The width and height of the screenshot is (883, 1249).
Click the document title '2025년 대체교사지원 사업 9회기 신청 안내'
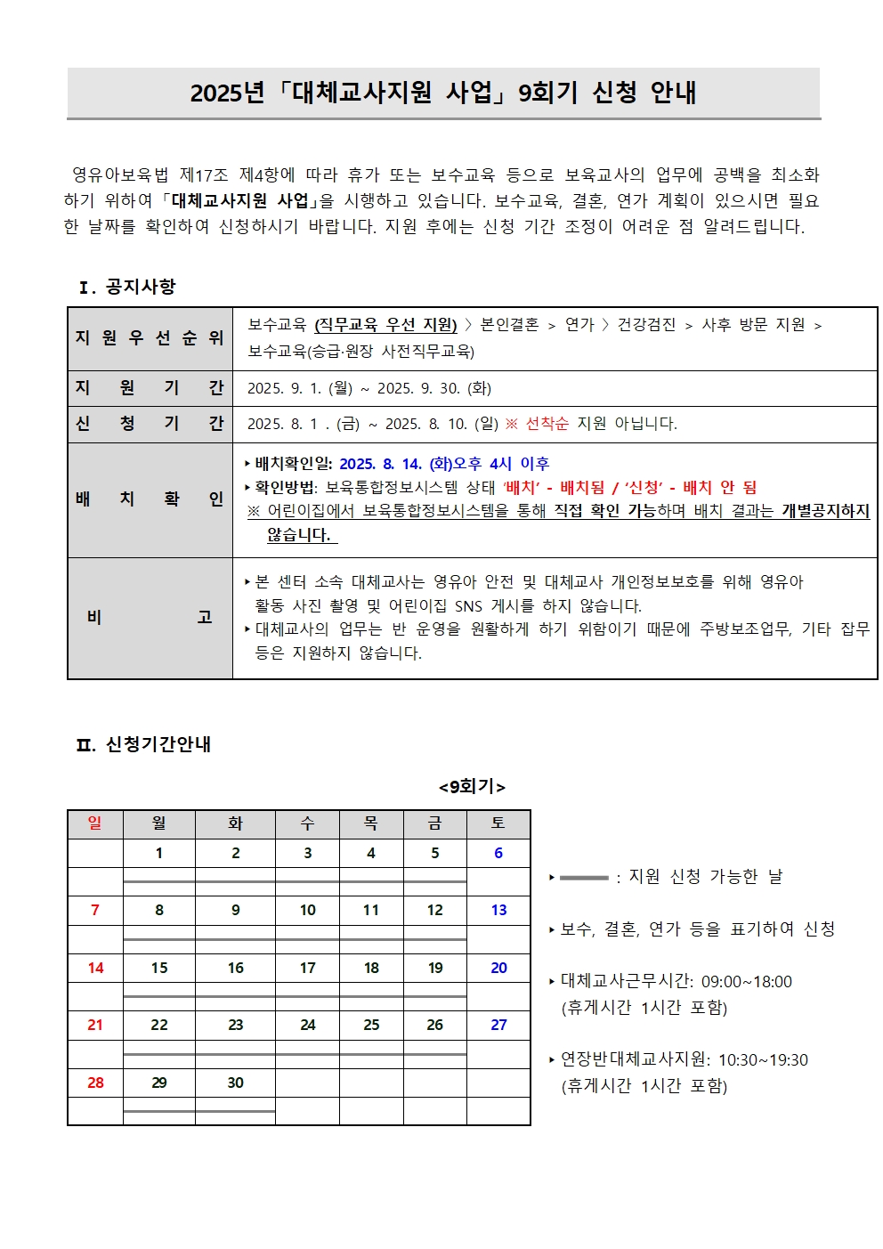(x=443, y=93)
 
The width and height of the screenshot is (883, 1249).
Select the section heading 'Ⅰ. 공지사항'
(x=127, y=287)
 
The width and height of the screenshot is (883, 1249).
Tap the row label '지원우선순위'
(x=150, y=338)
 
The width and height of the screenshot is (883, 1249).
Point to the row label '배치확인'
(x=150, y=499)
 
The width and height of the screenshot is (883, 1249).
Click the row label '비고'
(x=150, y=618)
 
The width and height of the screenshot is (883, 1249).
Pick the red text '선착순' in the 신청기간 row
(x=547, y=424)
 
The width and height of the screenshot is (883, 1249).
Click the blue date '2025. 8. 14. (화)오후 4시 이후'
(x=444, y=464)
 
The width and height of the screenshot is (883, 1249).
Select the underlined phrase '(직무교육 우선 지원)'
(x=385, y=325)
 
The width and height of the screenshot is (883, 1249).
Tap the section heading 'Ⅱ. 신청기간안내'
(x=143, y=744)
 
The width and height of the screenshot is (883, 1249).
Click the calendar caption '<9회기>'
(x=472, y=787)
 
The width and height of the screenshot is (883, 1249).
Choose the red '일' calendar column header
(x=95, y=823)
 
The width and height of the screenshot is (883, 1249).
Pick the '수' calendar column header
(x=307, y=823)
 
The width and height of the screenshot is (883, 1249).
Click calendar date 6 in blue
(x=498, y=853)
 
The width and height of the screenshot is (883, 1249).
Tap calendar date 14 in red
(x=95, y=968)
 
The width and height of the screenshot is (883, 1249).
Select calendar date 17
(x=307, y=968)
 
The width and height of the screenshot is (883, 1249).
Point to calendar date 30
(x=235, y=1083)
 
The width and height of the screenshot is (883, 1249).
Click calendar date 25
(x=371, y=1025)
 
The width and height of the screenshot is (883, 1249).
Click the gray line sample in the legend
(x=584, y=878)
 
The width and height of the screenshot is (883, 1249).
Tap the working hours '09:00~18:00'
(x=746, y=982)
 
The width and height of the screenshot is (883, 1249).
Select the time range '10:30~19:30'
(x=763, y=1060)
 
